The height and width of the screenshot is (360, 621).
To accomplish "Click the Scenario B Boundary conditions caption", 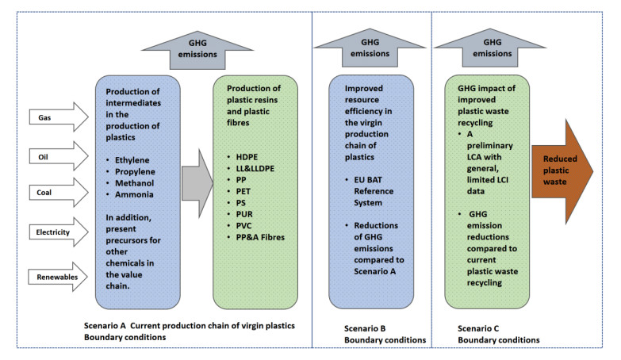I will [x=373, y=334].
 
